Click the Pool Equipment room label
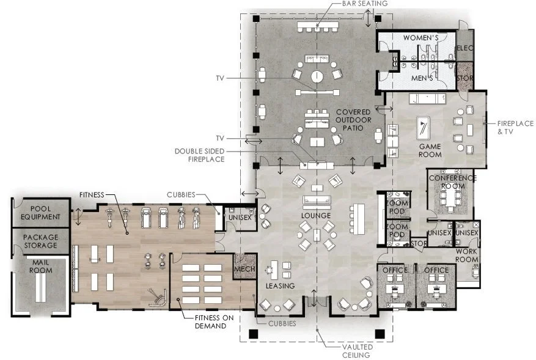point(41,213)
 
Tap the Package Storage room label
point(41,241)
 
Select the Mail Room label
point(41,266)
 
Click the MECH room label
point(244,269)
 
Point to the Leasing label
point(281,286)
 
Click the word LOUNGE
point(316,216)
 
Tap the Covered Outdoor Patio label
point(353,120)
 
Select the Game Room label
point(430,150)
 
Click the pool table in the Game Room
point(424,128)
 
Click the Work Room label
point(466,255)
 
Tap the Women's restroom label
point(421,38)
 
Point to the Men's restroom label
point(422,78)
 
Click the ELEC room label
point(465,48)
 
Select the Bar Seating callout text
point(365,4)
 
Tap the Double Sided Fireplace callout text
point(200,155)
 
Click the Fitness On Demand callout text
point(215,321)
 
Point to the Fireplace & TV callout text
point(515,127)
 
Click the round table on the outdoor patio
point(317,76)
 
